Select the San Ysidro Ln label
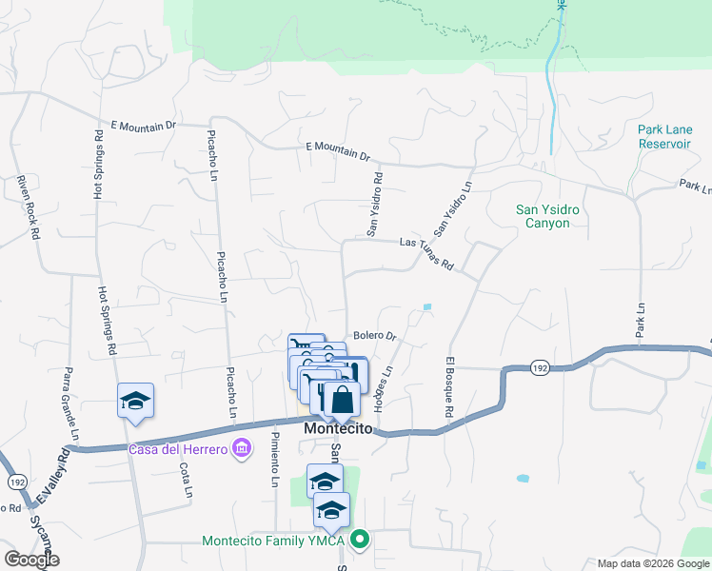point(453,208)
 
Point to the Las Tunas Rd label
point(426,253)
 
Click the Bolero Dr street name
point(374,336)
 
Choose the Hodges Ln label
point(383,390)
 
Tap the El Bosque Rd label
point(447,389)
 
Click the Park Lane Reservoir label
point(664,136)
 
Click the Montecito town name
point(339,429)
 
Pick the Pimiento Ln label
point(274,459)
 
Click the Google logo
point(31,560)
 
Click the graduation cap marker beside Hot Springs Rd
point(135,400)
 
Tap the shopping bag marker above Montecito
point(341,398)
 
